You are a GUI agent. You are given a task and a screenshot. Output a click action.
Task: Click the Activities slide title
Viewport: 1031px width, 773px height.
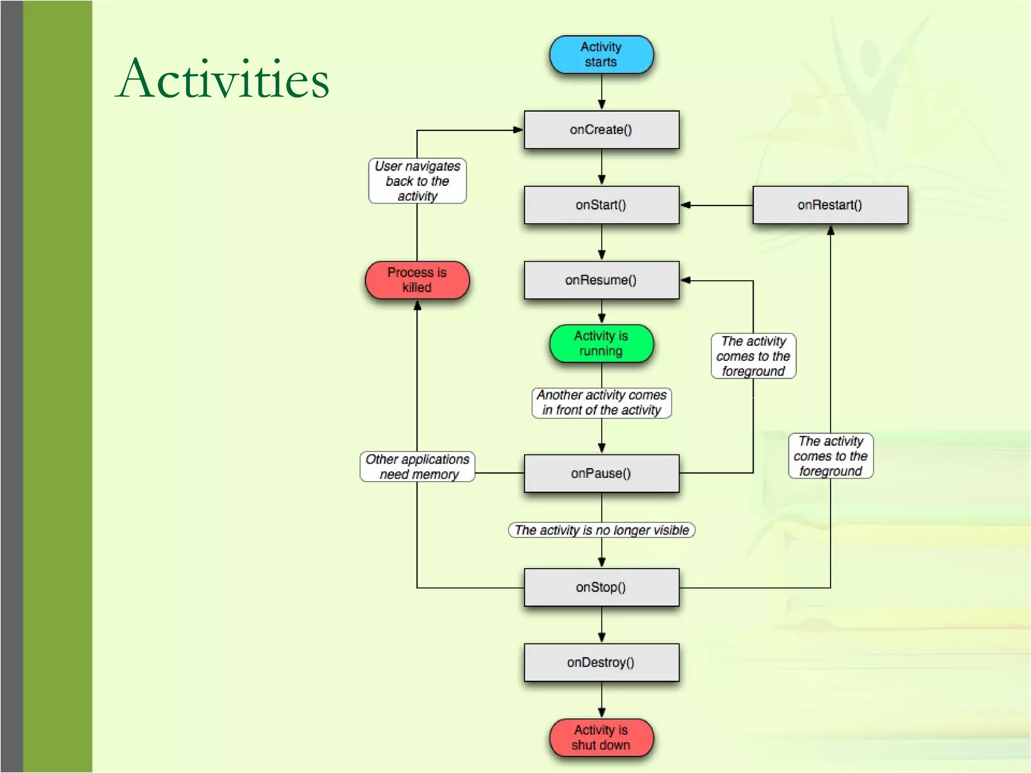(x=223, y=79)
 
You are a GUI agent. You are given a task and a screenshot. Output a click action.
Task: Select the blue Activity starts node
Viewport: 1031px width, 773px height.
(x=601, y=54)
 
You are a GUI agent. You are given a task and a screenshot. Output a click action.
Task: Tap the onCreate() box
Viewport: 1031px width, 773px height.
(x=601, y=130)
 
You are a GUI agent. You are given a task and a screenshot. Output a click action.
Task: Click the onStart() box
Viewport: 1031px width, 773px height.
(x=601, y=205)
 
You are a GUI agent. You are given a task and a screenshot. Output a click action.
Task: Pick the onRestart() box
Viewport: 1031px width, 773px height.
(x=830, y=205)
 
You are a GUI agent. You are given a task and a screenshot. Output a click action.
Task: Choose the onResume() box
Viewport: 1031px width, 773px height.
(x=601, y=280)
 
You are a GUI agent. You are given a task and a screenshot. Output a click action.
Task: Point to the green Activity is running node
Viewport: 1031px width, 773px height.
(x=601, y=343)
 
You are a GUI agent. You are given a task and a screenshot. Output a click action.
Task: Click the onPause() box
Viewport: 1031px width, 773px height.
(x=601, y=473)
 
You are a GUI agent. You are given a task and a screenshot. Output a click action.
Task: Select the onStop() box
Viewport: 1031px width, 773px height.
(x=601, y=587)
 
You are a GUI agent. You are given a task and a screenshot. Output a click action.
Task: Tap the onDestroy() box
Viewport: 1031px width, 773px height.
(x=601, y=662)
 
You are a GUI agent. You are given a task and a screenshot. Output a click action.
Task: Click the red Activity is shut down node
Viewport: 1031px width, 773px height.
(x=601, y=737)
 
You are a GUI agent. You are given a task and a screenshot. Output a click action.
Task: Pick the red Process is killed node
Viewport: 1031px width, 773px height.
(x=417, y=280)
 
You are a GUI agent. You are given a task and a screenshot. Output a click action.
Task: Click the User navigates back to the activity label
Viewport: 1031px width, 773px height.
(x=417, y=181)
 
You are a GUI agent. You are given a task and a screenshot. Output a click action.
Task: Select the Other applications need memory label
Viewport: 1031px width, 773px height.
(x=417, y=467)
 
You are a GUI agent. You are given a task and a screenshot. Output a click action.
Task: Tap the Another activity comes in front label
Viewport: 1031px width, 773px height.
(x=601, y=403)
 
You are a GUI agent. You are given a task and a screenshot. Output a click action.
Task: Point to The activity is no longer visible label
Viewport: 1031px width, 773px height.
(x=601, y=530)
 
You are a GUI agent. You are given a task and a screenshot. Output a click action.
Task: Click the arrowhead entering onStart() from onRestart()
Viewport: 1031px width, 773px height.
(x=686, y=205)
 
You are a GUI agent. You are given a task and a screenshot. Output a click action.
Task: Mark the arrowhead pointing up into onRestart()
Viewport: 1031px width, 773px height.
(x=831, y=230)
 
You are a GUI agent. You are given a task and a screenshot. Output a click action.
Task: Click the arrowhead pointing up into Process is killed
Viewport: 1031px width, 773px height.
(x=417, y=305)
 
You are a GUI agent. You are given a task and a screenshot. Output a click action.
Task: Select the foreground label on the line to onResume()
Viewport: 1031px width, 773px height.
(x=753, y=356)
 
